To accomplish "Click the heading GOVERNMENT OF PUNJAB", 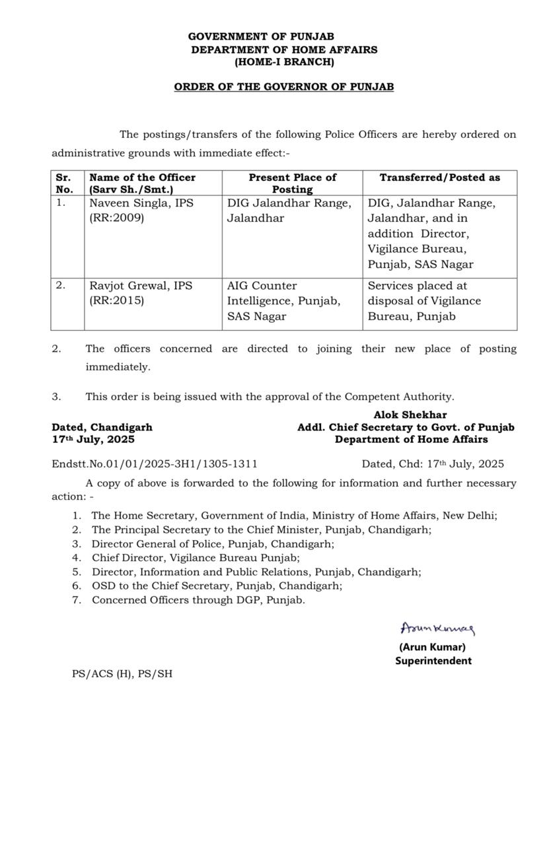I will (x=261, y=37).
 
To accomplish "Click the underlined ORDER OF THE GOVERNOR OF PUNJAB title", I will (x=284, y=87).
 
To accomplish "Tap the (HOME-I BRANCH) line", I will (x=284, y=62).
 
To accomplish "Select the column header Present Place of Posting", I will (x=292, y=183).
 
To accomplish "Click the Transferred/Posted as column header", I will (x=439, y=178).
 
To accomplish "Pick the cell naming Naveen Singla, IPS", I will (x=141, y=203).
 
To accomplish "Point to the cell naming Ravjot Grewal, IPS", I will (x=141, y=286).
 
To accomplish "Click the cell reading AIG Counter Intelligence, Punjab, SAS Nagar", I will (x=284, y=301).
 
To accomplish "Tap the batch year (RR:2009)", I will (x=116, y=219).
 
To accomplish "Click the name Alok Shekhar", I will (x=410, y=415).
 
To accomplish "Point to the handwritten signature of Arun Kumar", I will (x=437, y=628).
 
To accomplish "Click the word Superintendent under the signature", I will (x=433, y=661).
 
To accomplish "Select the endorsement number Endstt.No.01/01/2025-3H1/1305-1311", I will (x=155, y=464).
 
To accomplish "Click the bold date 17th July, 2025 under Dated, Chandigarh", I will (x=93, y=439).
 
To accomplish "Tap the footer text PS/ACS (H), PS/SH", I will (x=122, y=675).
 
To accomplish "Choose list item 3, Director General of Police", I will (x=213, y=544).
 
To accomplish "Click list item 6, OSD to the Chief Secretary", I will (x=217, y=586).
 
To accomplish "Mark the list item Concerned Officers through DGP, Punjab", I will (x=198, y=600).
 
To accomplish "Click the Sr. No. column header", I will (x=65, y=183).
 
